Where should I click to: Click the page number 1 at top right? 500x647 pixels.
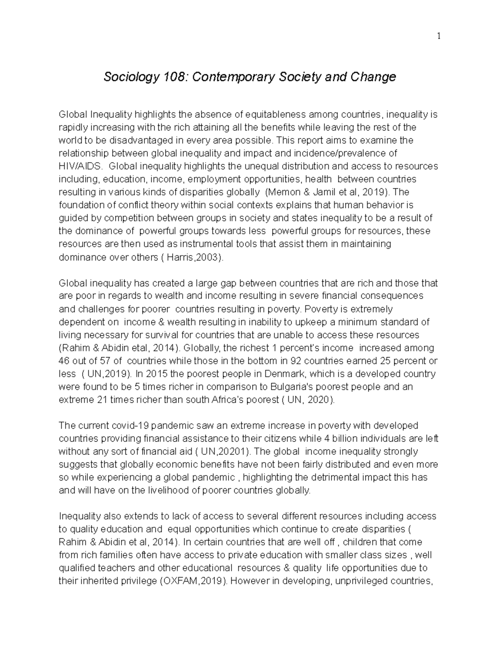pyautogui.click(x=438, y=36)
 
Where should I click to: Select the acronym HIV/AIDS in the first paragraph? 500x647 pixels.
pyautogui.click(x=80, y=166)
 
